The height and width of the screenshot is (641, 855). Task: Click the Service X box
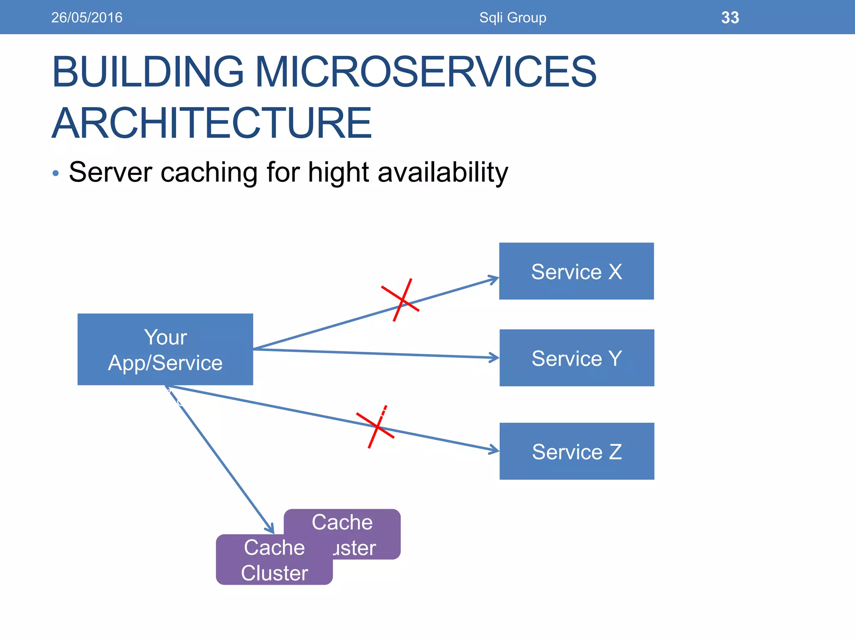[x=576, y=271]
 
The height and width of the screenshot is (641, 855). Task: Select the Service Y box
[x=577, y=358]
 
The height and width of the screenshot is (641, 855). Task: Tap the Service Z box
[x=577, y=451]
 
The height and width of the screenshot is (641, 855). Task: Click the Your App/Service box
[x=165, y=349]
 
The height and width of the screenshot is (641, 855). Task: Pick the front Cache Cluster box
[x=274, y=560]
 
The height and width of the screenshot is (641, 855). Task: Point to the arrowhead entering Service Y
[x=495, y=358]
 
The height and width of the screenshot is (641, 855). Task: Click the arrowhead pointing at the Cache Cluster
[x=271, y=528]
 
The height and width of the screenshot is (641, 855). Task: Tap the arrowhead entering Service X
[x=495, y=279]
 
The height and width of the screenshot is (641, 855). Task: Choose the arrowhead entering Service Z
[x=495, y=449]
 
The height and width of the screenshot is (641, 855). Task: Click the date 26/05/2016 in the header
[x=87, y=18]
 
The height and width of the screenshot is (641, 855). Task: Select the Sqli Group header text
[x=513, y=18]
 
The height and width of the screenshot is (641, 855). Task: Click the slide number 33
[x=730, y=18]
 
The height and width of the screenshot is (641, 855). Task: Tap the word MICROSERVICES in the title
[x=425, y=72]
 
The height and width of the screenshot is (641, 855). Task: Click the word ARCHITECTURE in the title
[x=212, y=123]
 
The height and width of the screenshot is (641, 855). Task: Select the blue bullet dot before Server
[x=56, y=173]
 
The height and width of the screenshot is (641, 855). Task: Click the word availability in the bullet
[x=443, y=172]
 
